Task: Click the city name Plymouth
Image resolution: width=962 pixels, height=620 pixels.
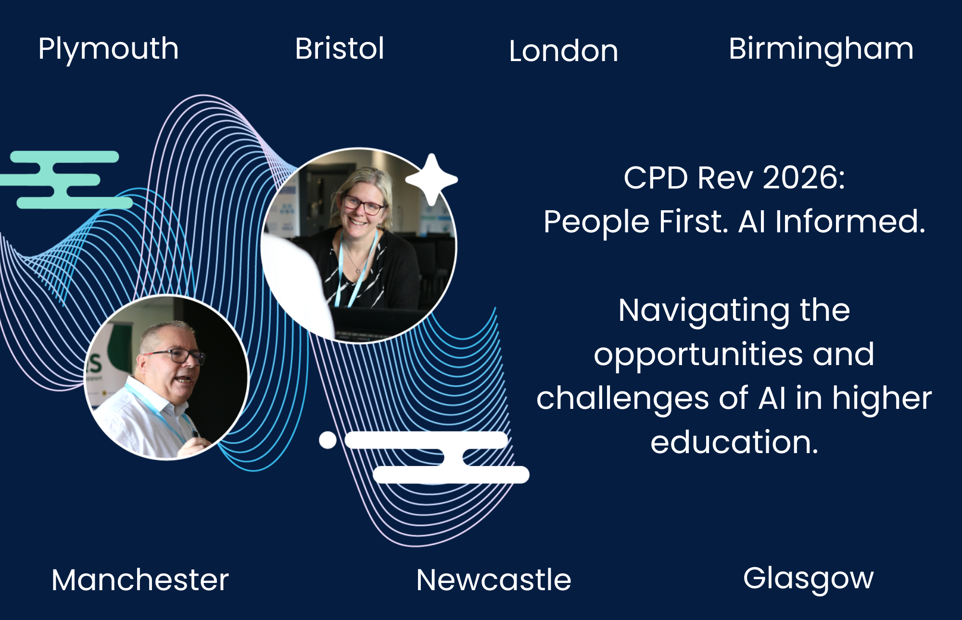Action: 108,49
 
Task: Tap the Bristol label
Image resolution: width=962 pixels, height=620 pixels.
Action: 340,49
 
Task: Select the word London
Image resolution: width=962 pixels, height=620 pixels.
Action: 563,51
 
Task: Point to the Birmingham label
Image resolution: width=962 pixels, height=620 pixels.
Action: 821,49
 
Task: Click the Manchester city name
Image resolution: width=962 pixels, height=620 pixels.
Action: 140,580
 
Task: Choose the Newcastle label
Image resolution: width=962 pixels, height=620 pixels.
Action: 494,580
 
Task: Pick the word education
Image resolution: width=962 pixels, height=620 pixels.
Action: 734,443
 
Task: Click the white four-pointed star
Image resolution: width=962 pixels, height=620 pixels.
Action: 431,179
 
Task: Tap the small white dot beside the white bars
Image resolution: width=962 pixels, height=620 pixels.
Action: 328,440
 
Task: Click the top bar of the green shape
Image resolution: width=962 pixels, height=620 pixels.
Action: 64,157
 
